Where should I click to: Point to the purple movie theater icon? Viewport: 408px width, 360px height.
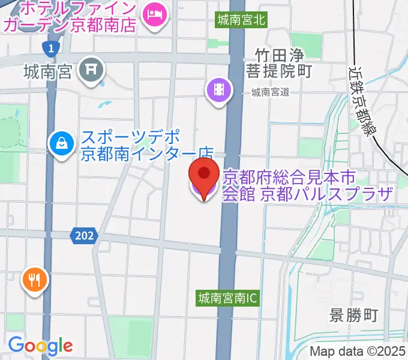point(220,91)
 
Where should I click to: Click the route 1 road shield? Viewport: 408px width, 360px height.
point(52,47)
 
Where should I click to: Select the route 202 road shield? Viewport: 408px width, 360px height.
point(84,236)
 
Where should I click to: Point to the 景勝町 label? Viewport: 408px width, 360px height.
point(354,314)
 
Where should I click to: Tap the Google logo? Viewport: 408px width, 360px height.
point(40,346)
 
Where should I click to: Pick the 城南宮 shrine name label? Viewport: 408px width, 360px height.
point(48,73)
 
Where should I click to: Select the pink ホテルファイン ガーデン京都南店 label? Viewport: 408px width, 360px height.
point(69,17)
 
